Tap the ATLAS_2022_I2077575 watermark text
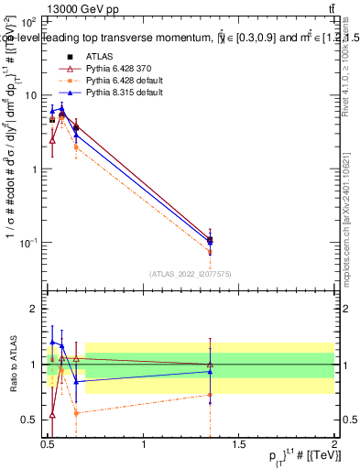point(190,273)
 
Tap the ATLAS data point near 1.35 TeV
point(210,239)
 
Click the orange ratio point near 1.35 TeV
point(210,395)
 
